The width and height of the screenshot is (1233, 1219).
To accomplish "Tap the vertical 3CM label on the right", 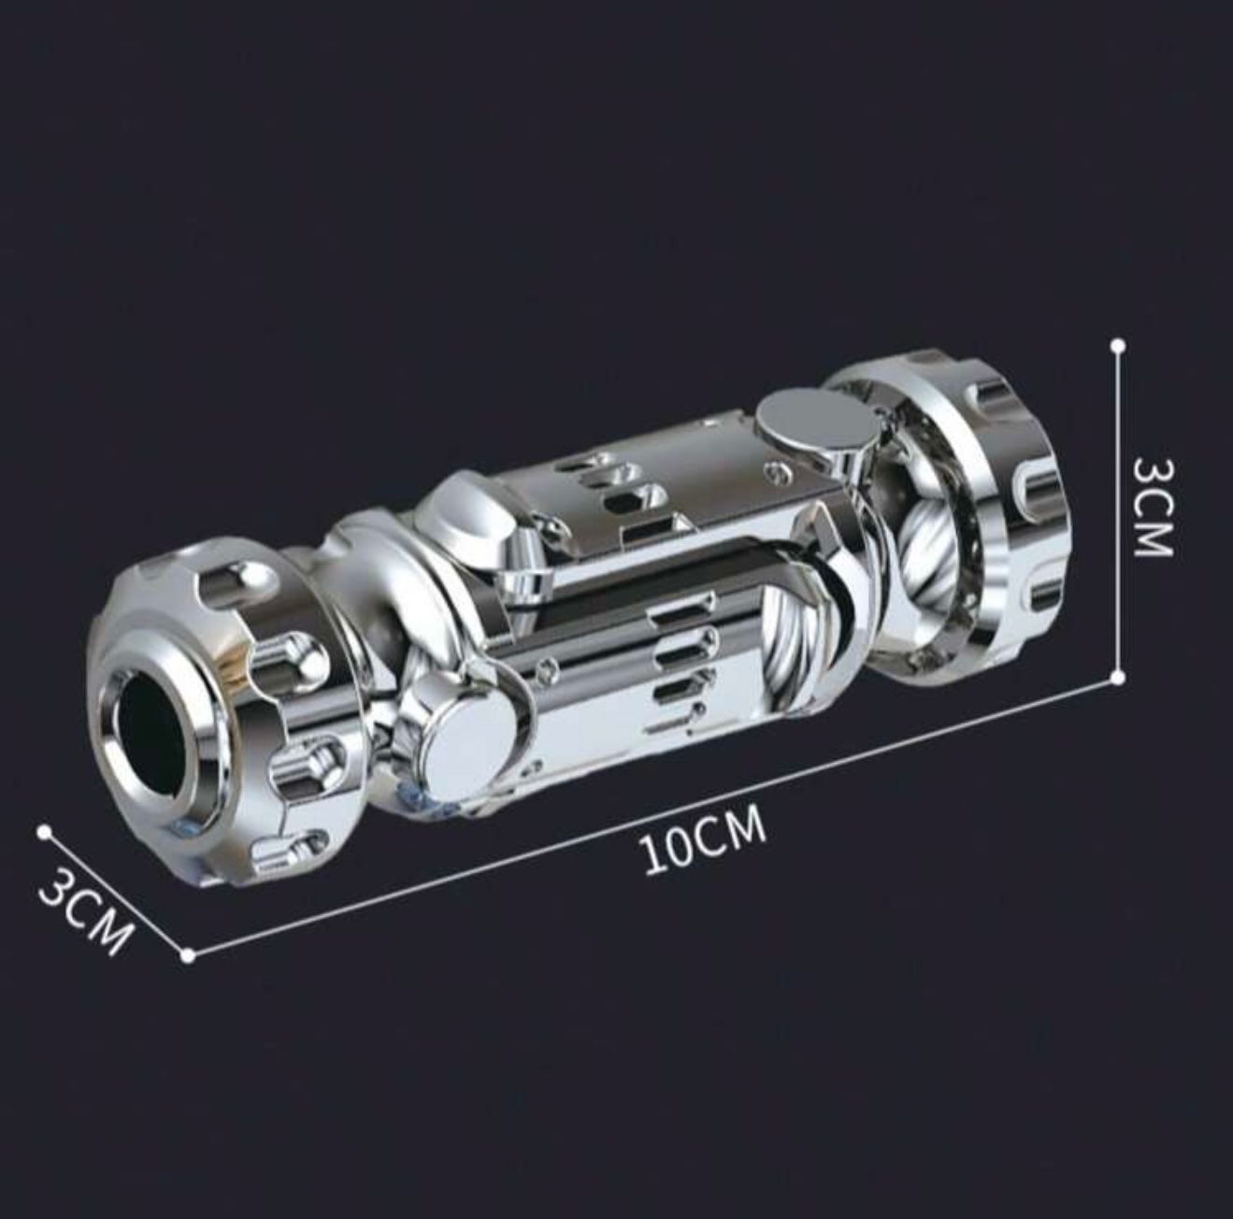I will pyautogui.click(x=1152, y=508).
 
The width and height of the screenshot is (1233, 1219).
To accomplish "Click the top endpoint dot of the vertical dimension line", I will pyautogui.click(x=1118, y=345).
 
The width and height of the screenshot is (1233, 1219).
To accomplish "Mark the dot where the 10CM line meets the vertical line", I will pyautogui.click(x=1118, y=676).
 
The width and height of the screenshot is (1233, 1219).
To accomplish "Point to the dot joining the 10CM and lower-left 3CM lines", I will pyautogui.click(x=188, y=954).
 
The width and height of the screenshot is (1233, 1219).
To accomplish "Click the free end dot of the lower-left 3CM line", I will pyautogui.click(x=44, y=829).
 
